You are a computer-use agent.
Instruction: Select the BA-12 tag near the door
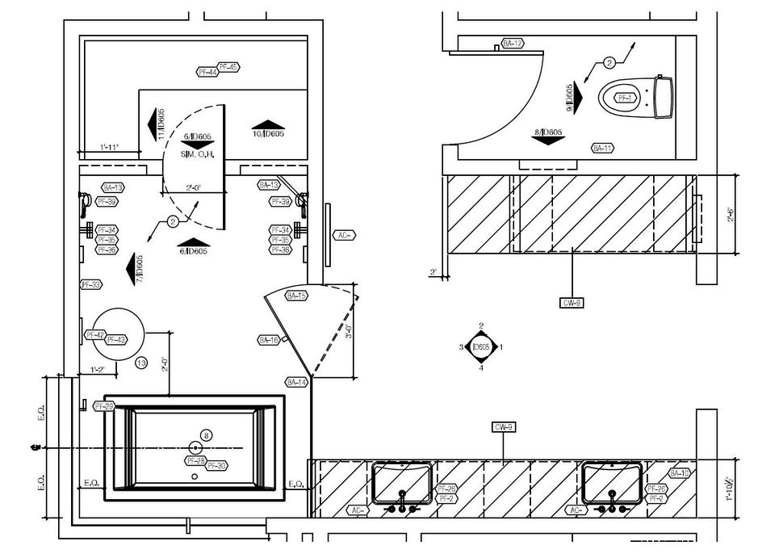pos(513,43)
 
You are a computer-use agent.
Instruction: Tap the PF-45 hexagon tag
pos(228,67)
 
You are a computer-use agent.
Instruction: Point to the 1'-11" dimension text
pos(109,147)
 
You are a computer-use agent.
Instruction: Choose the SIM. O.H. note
pos(197,154)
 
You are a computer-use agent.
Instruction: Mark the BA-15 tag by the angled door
pos(297,296)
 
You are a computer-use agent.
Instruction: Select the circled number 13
pos(141,363)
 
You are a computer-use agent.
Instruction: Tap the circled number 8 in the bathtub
pos(206,435)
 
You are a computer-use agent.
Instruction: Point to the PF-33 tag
pos(90,285)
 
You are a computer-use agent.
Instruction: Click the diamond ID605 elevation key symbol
pos(481,347)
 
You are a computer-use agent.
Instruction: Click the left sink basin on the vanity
pos(403,480)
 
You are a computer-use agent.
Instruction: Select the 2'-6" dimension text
pos(731,215)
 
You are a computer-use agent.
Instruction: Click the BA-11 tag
pos(602,148)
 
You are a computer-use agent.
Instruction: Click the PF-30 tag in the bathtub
pos(216,466)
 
